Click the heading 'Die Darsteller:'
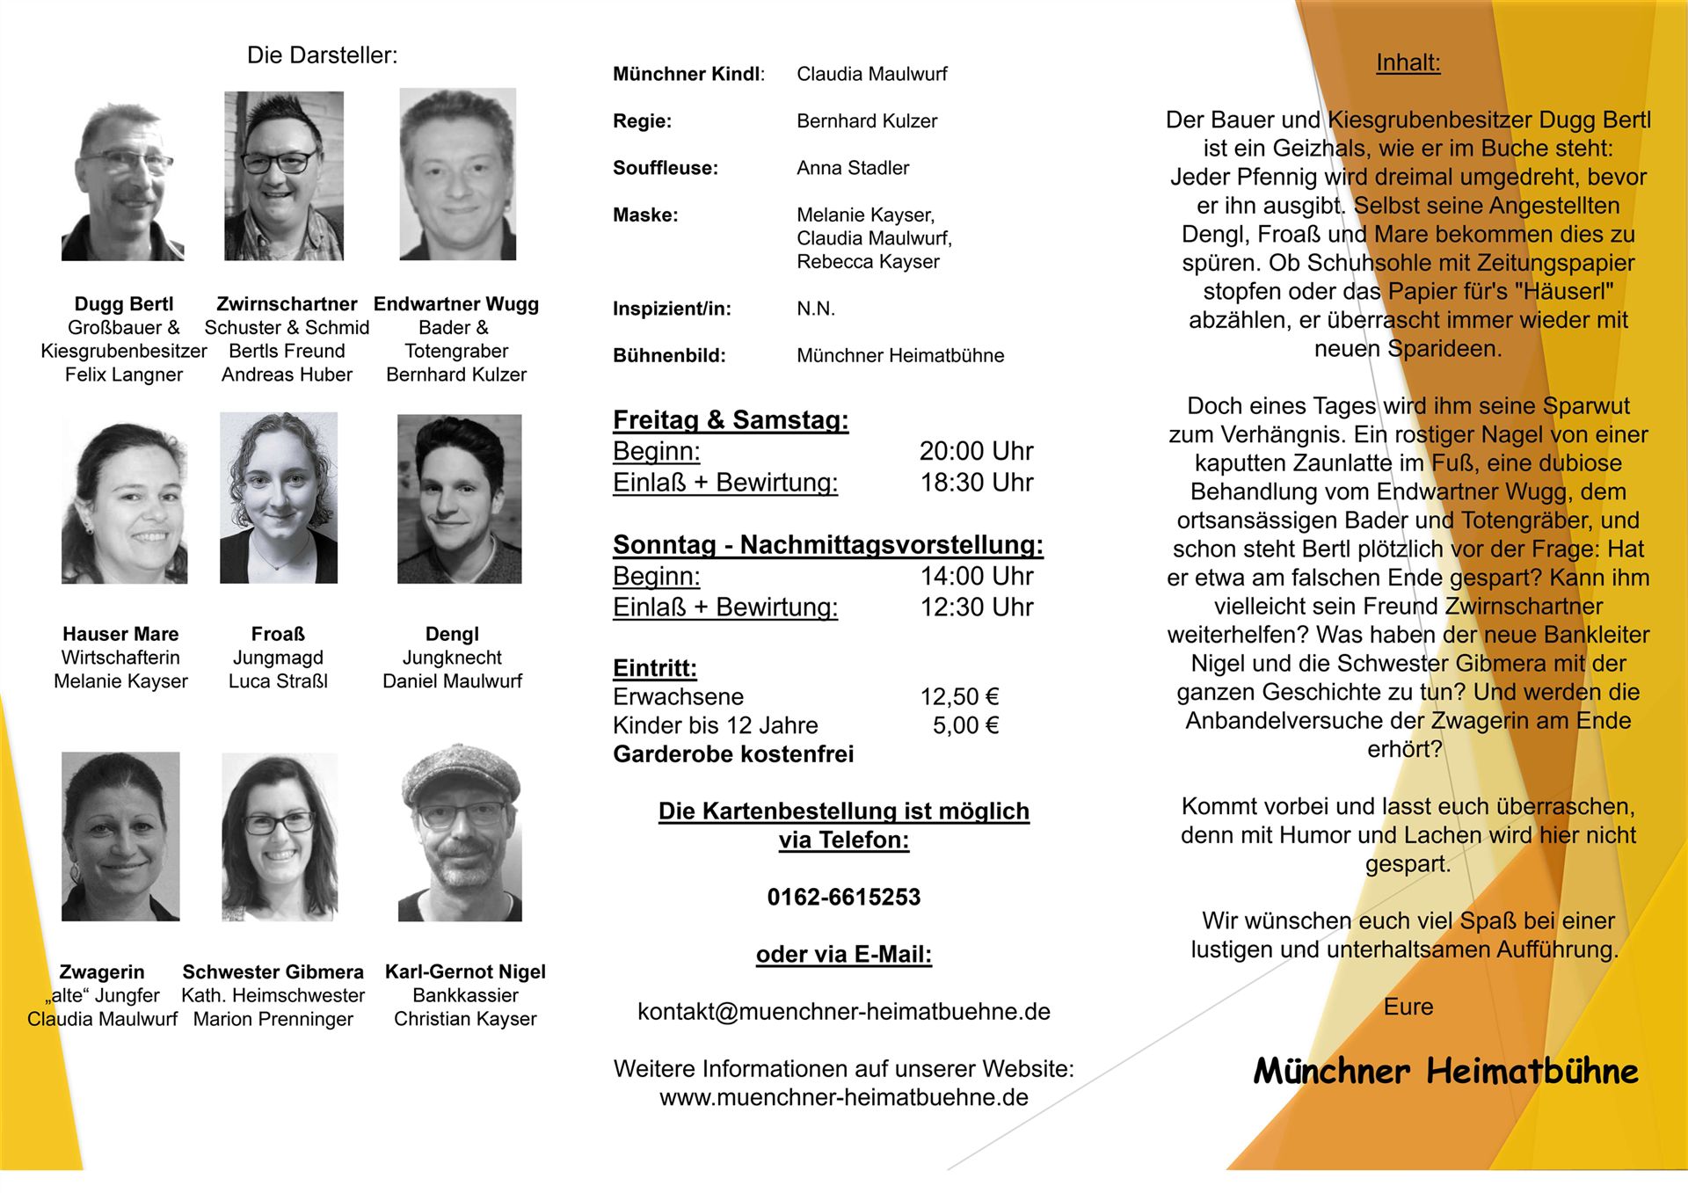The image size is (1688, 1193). click(x=322, y=55)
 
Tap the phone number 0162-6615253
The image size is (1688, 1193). click(x=843, y=897)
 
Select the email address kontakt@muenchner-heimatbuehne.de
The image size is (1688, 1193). click(x=843, y=1011)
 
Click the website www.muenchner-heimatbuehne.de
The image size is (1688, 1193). click(x=843, y=1097)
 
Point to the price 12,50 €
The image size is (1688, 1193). click(x=959, y=697)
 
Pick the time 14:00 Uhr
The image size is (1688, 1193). click(x=976, y=576)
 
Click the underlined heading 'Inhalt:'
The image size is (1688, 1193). click(x=1408, y=62)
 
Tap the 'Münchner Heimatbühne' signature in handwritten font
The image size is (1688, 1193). click(x=1445, y=1071)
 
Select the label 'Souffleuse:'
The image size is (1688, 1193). click(x=665, y=168)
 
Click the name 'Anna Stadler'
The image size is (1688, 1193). click(x=852, y=168)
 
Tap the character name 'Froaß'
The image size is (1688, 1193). click(x=278, y=634)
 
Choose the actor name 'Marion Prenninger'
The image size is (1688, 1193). click(x=273, y=1019)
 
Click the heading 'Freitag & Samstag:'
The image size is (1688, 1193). click(x=731, y=420)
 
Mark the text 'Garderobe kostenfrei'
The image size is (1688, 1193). click(x=733, y=754)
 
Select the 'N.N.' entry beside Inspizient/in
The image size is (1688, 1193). click(x=815, y=309)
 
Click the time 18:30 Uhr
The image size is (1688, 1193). click(x=976, y=483)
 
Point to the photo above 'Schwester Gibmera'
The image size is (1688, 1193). click(x=279, y=836)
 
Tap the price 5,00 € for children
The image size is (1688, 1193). click(x=965, y=725)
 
